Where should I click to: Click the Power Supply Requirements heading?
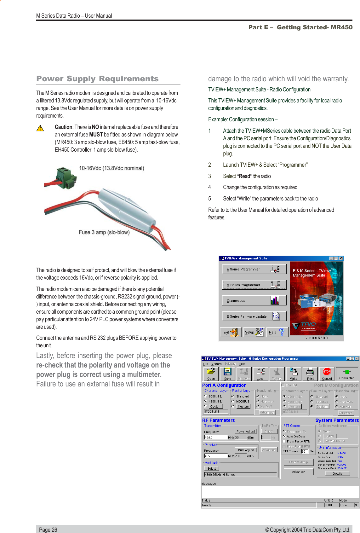coord(97,79)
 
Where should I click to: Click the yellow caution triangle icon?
coord(40,128)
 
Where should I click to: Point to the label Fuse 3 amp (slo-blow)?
coord(104,232)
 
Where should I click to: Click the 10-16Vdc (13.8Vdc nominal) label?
coord(111,168)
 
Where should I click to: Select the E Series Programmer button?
coord(254,269)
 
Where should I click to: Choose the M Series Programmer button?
coord(254,285)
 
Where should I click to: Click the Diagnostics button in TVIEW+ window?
coord(254,300)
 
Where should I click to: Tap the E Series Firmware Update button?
coord(254,316)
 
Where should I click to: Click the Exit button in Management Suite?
coord(230,332)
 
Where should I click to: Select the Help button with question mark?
coord(277,332)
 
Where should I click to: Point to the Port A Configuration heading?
coord(224,385)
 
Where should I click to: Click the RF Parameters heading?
coord(218,420)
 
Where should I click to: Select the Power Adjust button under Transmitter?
coord(246,431)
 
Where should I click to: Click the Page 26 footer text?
coord(48,530)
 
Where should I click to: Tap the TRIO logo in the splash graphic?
coord(307,324)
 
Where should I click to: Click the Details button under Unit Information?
coord(337,473)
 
